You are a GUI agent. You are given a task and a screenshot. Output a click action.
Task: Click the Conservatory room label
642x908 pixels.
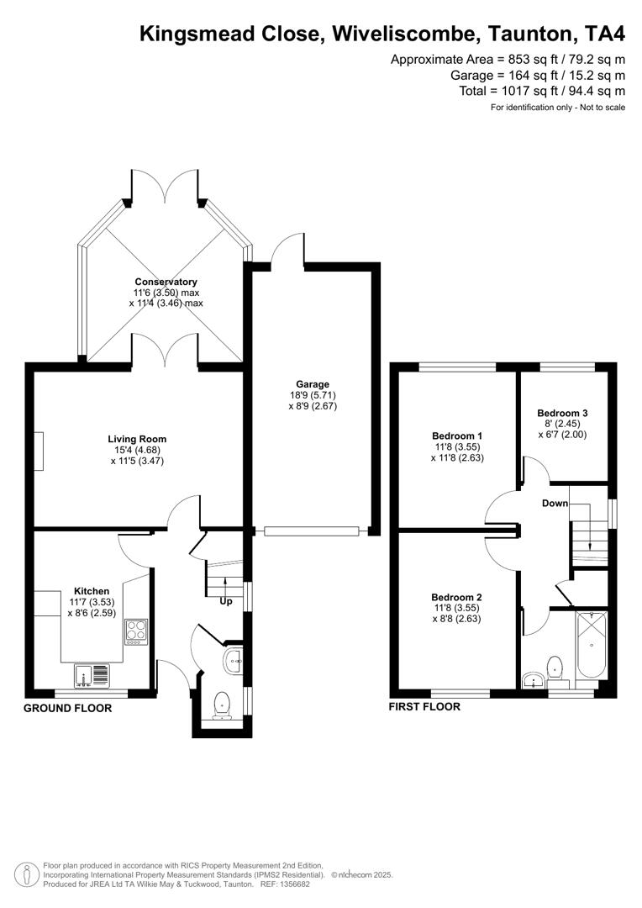pos(166,282)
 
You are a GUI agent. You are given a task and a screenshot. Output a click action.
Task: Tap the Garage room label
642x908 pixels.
pos(311,384)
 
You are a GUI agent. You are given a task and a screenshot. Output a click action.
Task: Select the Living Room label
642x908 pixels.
pos(137,439)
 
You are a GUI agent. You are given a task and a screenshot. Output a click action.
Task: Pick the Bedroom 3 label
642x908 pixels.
pos(562,414)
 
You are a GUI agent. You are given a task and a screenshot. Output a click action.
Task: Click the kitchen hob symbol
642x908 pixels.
pos(135,631)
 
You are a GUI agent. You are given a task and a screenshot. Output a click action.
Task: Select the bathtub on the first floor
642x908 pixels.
pos(591,646)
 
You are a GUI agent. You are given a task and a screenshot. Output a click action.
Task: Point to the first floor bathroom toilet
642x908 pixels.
pos(555,669)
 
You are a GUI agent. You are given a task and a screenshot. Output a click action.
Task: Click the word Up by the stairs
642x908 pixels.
pos(225,602)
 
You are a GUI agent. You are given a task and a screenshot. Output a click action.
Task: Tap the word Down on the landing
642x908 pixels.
pos(555,504)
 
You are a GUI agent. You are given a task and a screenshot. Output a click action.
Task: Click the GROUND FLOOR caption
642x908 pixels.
pos(67,709)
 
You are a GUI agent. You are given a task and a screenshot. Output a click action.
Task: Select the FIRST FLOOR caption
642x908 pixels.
pos(424,707)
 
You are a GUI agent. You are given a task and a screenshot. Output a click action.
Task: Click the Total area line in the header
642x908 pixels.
pos(542,91)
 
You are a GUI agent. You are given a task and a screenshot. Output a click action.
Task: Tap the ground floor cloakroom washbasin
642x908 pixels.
pos(234,661)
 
